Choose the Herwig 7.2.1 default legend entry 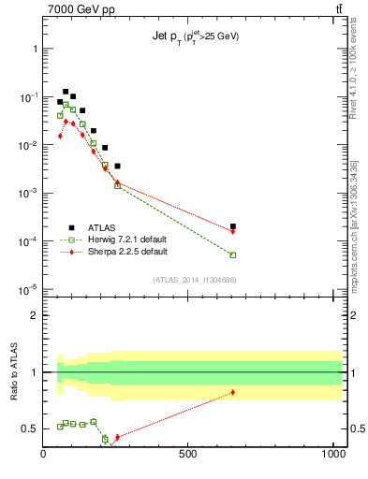click(118, 239)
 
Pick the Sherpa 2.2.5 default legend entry click(118, 252)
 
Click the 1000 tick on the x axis click(334, 455)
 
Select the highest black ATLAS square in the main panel click(66, 92)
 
